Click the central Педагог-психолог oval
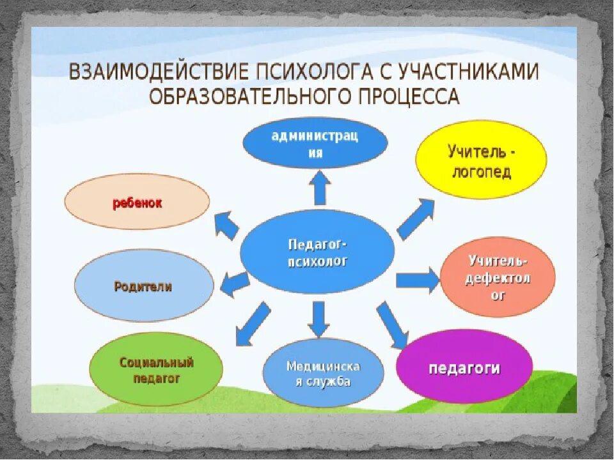pyautogui.click(x=317, y=252)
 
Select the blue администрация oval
pyautogui.click(x=315, y=142)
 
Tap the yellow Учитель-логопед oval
pyautogui.click(x=482, y=160)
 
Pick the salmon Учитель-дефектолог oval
pyautogui.click(x=498, y=277)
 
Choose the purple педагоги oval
pyautogui.click(x=464, y=367)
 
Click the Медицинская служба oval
pyautogui.click(x=323, y=373)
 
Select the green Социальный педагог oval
pyautogui.click(x=157, y=370)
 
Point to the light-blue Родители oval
pyautogui.click(x=144, y=286)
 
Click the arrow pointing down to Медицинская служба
pyautogui.click(x=318, y=318)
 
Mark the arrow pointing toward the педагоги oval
pyautogui.click(x=392, y=325)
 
